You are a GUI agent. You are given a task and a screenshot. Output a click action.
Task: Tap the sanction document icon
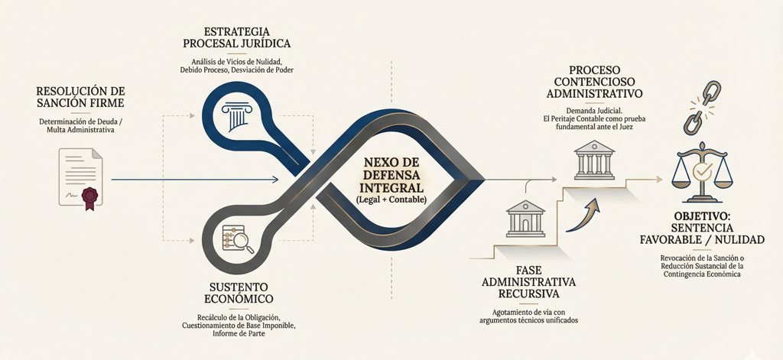[80, 177]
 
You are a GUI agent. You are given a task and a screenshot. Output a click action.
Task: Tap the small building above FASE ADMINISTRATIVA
[525, 219]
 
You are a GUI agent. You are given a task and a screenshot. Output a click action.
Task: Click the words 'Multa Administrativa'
[80, 131]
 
